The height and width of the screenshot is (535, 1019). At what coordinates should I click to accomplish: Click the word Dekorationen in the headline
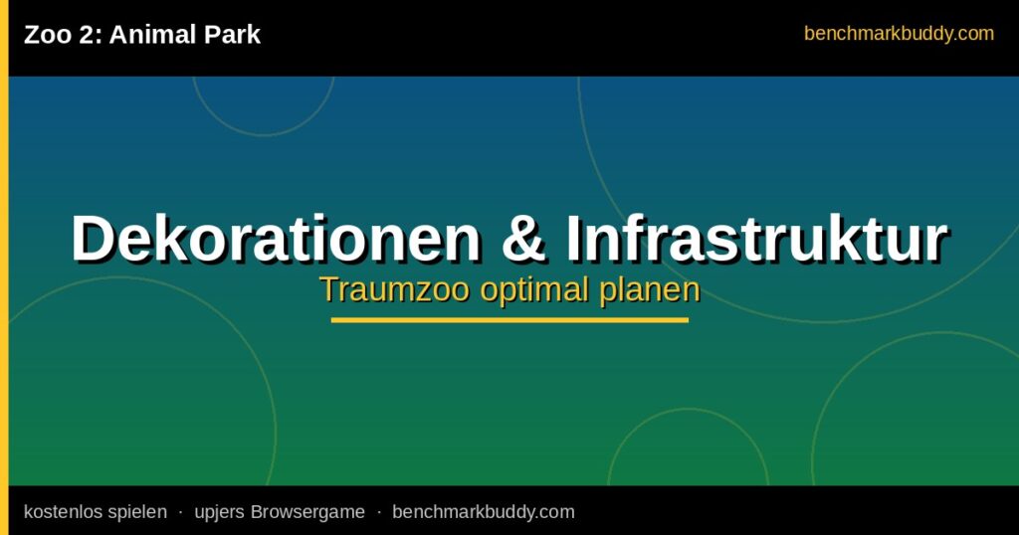coord(276,238)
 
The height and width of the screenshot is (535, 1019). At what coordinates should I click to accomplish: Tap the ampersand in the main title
coord(523,238)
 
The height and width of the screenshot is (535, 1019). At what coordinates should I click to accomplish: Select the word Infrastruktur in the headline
coord(757,238)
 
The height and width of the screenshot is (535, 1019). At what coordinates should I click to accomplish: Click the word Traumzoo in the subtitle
coord(394,289)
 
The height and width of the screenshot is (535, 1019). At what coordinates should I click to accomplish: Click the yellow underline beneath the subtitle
coord(509,320)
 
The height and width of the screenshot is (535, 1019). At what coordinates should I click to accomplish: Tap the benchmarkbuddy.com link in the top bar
coord(899,33)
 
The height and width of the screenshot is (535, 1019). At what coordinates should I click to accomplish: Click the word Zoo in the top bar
coord(48,35)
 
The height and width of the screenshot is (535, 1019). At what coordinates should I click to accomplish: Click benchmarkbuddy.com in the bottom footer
coord(484,512)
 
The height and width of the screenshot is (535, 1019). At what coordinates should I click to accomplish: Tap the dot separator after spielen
coord(181,512)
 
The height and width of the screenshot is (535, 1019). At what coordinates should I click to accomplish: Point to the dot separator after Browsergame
coord(379,512)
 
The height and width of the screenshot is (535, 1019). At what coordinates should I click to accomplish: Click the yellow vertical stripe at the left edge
coord(4,267)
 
